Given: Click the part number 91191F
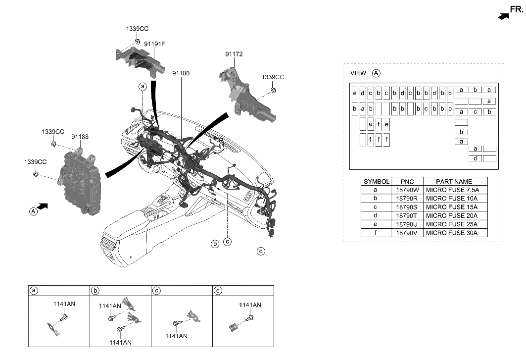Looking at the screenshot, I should click(x=154, y=44).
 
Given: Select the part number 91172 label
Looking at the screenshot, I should click(x=234, y=54).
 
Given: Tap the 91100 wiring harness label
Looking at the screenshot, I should click(x=181, y=73).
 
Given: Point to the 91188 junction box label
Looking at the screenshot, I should click(x=80, y=136).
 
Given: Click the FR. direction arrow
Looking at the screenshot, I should click(x=503, y=16).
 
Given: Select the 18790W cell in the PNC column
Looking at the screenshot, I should click(x=407, y=190).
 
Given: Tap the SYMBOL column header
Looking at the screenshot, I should click(x=376, y=182).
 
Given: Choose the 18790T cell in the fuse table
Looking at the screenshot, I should click(x=407, y=216).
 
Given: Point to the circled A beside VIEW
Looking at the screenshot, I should click(x=376, y=73).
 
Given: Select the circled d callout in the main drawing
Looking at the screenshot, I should click(x=261, y=251).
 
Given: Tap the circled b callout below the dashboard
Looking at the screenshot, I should click(x=215, y=244).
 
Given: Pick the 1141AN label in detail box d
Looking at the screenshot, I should click(x=250, y=305).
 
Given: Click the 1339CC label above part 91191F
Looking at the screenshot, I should click(x=137, y=29).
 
